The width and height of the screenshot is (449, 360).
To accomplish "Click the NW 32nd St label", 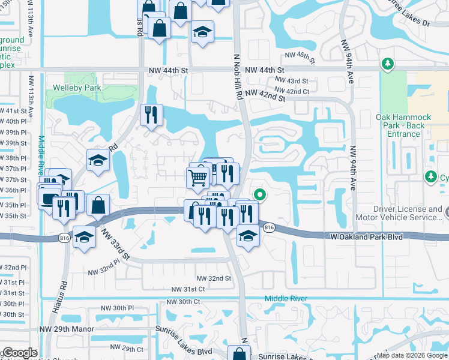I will pos(214,278).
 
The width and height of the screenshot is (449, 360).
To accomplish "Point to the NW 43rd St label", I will pos(292,81).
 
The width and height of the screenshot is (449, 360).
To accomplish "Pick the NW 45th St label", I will pos(300,56).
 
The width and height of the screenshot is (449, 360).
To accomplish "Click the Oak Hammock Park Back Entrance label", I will pos(400,125).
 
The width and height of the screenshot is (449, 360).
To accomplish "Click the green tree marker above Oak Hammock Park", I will pos(388,63).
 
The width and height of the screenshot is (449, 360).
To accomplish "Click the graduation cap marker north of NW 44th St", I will pos(203,31).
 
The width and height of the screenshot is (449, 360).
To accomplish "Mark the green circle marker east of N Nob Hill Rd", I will pos(260,194).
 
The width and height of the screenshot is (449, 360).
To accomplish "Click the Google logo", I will pos(20,353).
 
